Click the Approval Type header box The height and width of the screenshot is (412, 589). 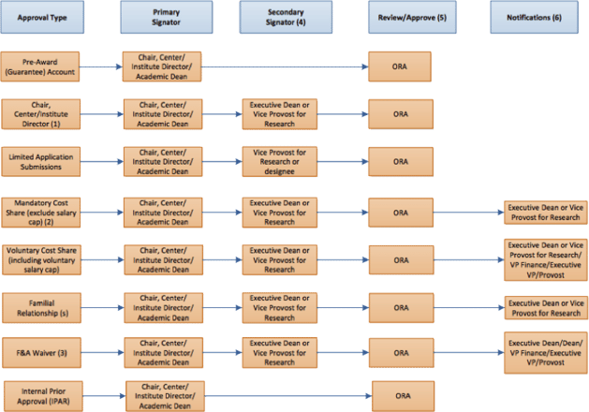coord(42,17)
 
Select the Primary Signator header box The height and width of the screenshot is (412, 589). coord(167,17)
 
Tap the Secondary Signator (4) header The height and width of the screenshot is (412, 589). coord(286,17)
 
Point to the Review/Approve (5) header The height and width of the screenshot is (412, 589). coord(412,17)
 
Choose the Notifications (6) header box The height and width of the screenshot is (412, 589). coord(534,17)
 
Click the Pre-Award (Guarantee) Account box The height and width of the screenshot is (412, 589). coord(40,66)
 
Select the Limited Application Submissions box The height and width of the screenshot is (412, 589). coord(41,162)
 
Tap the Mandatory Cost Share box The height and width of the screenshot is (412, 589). coord(41,213)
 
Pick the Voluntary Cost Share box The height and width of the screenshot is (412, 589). coord(42,260)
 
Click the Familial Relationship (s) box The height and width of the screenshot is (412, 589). coord(42,308)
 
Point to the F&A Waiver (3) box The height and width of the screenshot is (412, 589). coord(42,353)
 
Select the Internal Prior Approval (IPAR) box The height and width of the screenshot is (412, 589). coord(44,396)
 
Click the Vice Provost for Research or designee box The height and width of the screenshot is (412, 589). coord(280,162)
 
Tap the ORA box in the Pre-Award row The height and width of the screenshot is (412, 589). coord(400,66)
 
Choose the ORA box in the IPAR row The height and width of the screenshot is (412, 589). coord(404,396)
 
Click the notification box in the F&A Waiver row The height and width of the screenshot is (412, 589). coord(546,353)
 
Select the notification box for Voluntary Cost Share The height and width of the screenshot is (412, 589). coord(546,260)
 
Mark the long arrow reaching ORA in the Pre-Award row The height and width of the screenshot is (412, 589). coord(285,66)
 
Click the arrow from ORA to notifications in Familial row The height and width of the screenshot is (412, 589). coord(469,308)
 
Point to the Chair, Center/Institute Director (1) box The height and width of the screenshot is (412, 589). coord(41,114)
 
